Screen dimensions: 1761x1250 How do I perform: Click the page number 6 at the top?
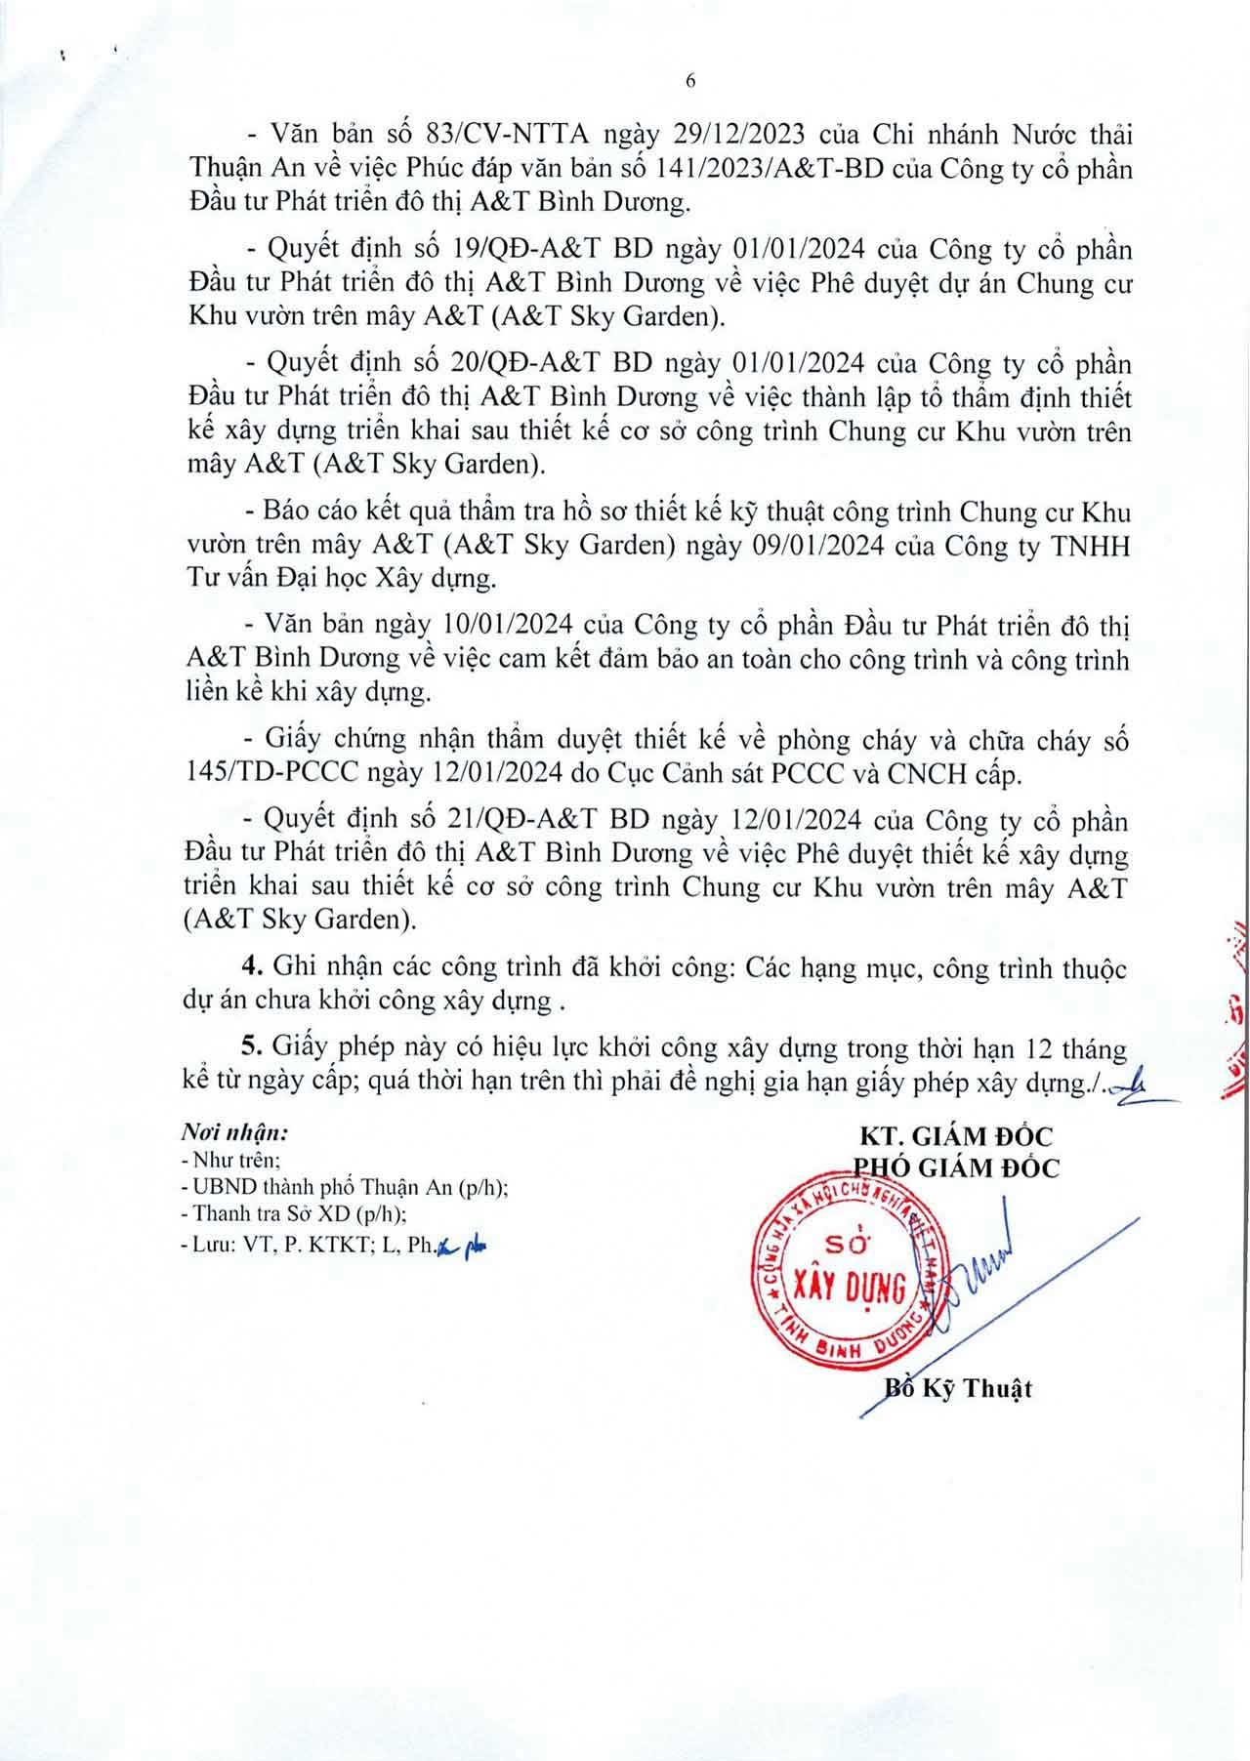pyautogui.click(x=689, y=83)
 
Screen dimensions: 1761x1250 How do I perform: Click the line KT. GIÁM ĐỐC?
pyautogui.click(x=955, y=1137)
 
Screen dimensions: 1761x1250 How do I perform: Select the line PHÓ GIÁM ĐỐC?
pyautogui.click(x=956, y=1167)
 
